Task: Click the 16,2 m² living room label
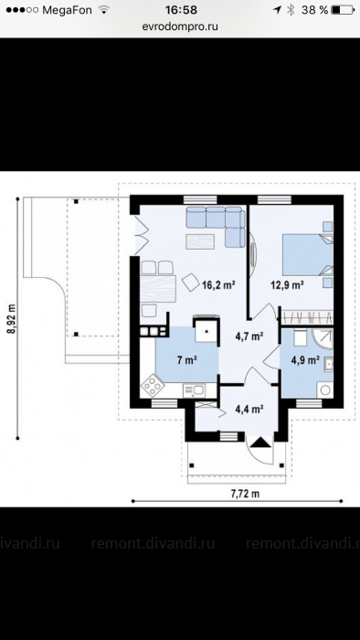point(219,285)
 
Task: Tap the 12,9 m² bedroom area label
point(288,285)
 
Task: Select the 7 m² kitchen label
point(187,360)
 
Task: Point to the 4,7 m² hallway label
point(249,336)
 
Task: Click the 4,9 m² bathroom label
point(305,360)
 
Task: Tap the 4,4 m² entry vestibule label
point(249,409)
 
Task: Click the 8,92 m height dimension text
point(11,319)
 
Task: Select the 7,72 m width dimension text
point(245,494)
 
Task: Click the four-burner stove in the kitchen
point(153,385)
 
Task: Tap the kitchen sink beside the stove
point(194,390)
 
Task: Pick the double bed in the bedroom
point(308,255)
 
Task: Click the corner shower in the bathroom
point(323,337)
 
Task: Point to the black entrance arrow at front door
point(260,442)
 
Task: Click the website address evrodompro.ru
point(180,27)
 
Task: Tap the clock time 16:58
point(181,10)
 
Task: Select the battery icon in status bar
point(343,10)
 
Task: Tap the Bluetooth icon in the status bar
point(291,10)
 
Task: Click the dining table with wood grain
point(158,289)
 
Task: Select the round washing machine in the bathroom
point(325,389)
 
